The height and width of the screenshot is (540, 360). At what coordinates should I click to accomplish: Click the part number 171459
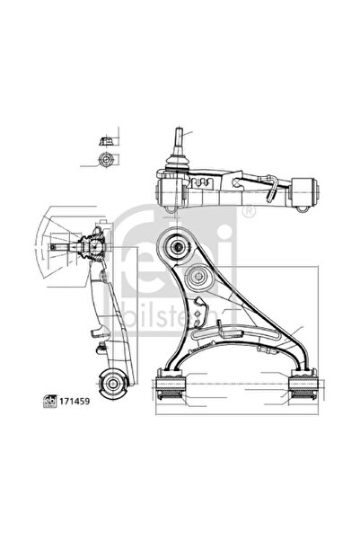[75, 402]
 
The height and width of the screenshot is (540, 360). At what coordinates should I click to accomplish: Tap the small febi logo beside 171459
[50, 402]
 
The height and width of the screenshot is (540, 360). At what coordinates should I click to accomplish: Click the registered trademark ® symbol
[249, 211]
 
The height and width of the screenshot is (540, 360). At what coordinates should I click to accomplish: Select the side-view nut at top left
[107, 141]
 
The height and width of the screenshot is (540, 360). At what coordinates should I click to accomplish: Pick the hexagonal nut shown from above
[106, 159]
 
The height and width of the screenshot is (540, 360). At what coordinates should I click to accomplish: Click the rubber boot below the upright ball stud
[177, 164]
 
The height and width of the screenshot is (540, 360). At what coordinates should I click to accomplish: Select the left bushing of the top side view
[170, 191]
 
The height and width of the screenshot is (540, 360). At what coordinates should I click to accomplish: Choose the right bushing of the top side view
[305, 191]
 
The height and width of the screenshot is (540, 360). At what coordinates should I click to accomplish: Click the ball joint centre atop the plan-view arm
[178, 246]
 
